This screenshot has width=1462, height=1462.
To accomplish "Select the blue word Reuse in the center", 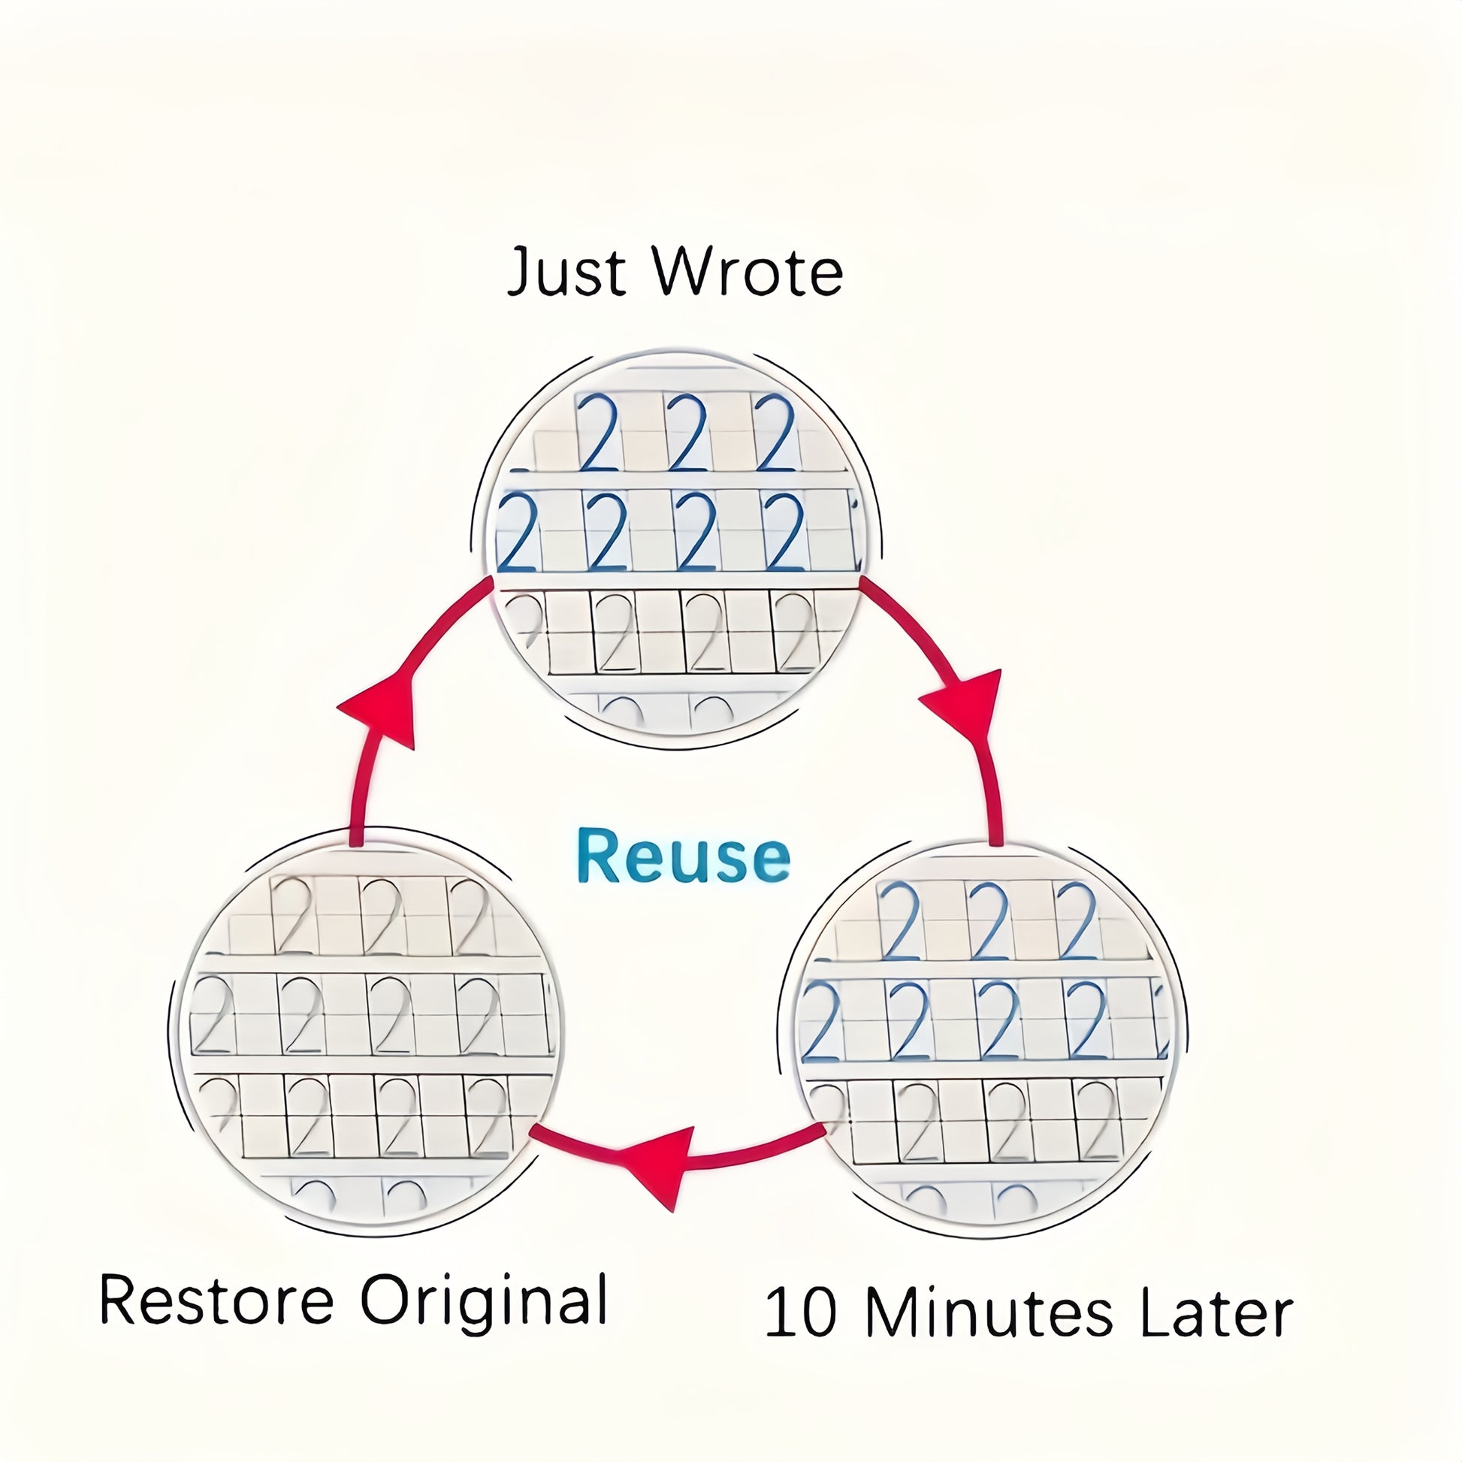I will point(683,856).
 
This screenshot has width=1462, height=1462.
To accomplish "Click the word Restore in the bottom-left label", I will point(216,1300).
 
